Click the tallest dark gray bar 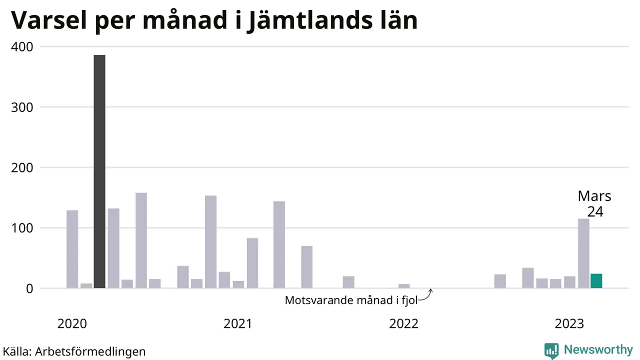coord(99,171)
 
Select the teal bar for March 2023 coord(596,281)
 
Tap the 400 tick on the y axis coord(22,47)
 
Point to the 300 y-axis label coord(22,107)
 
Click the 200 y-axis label coord(22,168)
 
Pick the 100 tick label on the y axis coord(22,228)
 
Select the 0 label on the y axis coord(28,289)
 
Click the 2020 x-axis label coord(72,324)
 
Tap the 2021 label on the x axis coord(238,324)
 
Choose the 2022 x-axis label coord(403,324)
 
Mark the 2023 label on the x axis coord(569,324)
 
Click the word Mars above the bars coord(594,196)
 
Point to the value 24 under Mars coord(595,211)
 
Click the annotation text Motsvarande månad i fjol coord(350,300)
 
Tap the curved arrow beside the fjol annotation coord(426,295)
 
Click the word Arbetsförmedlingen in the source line coord(90,351)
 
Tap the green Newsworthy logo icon coord(551,350)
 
